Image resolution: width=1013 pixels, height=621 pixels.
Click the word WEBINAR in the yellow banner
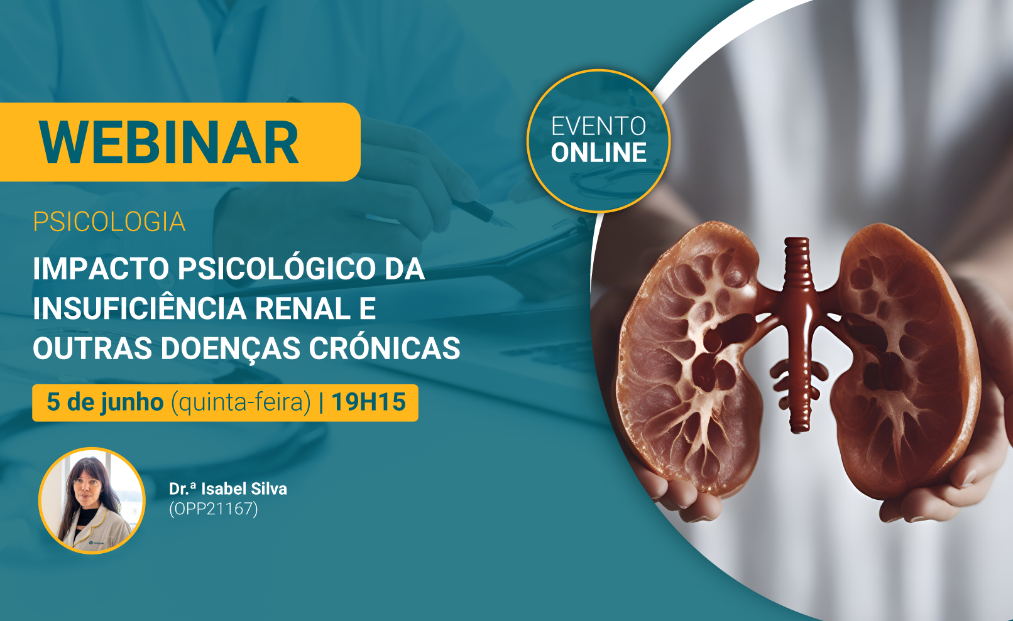(168, 143)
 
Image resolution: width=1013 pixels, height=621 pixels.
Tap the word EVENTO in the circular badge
(598, 126)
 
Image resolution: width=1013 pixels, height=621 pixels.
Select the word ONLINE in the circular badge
(598, 153)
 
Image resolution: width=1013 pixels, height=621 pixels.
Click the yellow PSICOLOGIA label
(109, 222)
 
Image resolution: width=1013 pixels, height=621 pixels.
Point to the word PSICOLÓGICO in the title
(277, 269)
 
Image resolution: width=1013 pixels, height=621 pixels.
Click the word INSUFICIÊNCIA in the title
(140, 308)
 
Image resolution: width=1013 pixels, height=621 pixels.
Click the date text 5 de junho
(105, 402)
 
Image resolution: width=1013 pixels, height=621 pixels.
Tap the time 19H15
(369, 401)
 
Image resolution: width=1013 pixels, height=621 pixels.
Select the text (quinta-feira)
(241, 402)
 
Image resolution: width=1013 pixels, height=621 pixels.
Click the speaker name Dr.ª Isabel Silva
(228, 489)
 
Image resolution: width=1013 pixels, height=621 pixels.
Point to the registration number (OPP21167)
(214, 509)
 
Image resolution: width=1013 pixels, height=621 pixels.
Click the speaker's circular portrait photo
(92, 500)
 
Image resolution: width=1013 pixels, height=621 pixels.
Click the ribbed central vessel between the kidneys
(799, 335)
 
